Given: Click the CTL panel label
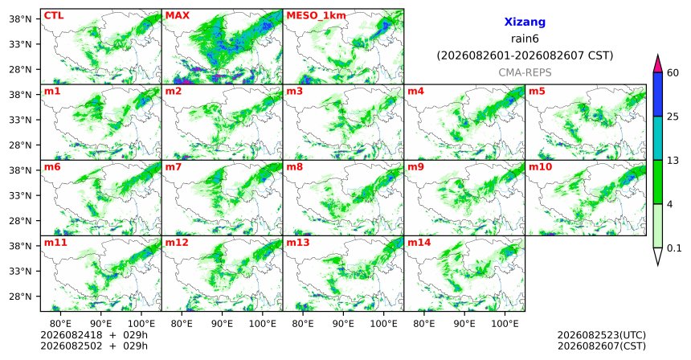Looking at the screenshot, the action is (x=54, y=15).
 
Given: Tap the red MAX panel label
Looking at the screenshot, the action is (x=177, y=15).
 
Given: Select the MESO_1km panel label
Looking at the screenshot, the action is (x=316, y=16).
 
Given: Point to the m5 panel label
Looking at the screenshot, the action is (x=537, y=92).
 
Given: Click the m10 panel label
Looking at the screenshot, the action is (x=540, y=167).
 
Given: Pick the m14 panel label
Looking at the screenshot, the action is (x=419, y=243).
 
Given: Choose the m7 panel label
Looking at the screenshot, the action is (x=174, y=167).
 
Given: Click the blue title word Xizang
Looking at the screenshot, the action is (x=525, y=22).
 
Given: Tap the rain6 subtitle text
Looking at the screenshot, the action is (x=525, y=39).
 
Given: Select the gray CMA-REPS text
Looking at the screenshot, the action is (x=525, y=72).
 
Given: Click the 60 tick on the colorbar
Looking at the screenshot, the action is (x=673, y=72).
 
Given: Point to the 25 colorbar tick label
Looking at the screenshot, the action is (x=673, y=117).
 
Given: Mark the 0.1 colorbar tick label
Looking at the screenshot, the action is (x=674, y=248).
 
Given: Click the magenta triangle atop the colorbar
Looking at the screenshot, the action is (x=658, y=64).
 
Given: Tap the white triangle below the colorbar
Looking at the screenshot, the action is (x=658, y=256).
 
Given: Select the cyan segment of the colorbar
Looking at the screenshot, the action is (x=658, y=138).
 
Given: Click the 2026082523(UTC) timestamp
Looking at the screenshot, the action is (x=602, y=336).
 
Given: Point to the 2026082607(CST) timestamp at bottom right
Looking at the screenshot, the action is (x=602, y=346).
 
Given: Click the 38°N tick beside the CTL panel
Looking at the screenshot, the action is (x=20, y=19).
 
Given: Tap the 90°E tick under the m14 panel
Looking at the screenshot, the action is (x=464, y=325).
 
